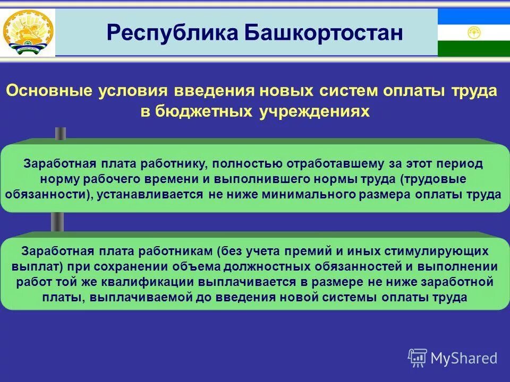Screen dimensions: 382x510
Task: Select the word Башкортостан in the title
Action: [324, 33]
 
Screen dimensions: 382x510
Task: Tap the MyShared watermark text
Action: [464, 358]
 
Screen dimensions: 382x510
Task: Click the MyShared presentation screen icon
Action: [418, 358]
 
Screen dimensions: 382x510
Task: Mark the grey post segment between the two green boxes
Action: [57, 222]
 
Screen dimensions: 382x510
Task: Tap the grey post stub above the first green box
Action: [61, 133]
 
